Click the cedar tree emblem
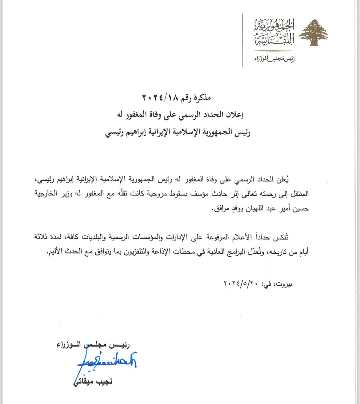pyautogui.click(x=314, y=33)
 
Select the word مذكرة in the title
pyautogui.click(x=202, y=98)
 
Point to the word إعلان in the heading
pyautogui.click(x=235, y=115)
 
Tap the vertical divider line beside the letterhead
pyautogui.click(x=243, y=40)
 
